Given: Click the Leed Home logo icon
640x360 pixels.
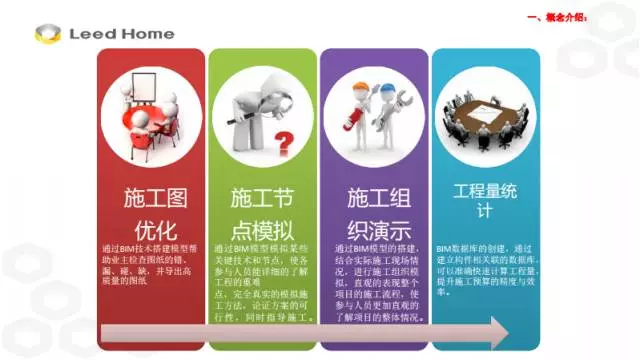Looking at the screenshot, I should point(47,34).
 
